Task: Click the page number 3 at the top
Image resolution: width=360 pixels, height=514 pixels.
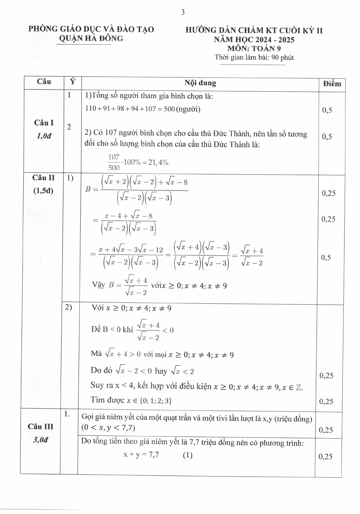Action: click(183, 12)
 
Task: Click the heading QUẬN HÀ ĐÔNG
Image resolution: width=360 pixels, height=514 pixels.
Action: click(91, 38)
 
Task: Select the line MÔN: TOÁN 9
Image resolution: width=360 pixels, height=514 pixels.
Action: click(254, 49)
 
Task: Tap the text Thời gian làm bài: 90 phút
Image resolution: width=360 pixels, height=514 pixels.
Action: click(254, 57)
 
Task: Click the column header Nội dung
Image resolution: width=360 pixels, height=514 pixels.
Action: click(200, 83)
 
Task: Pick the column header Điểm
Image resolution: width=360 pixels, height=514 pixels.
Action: click(332, 84)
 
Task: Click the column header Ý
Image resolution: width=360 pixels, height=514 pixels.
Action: click(73, 82)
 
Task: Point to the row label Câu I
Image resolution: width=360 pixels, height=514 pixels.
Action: click(44, 123)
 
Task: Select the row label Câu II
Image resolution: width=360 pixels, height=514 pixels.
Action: click(43, 178)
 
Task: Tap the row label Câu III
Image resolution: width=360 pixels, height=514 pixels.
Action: click(40, 426)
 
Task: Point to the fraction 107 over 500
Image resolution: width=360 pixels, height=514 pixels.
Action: click(114, 162)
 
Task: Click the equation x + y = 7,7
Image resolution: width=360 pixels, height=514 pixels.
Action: click(141, 455)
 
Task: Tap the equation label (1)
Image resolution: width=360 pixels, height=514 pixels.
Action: click(187, 455)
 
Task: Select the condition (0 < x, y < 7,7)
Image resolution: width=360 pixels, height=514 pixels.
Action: click(108, 428)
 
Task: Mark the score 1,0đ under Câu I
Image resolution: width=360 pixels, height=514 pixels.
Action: click(44, 136)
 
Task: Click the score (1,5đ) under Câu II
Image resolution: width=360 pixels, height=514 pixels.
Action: click(43, 191)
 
